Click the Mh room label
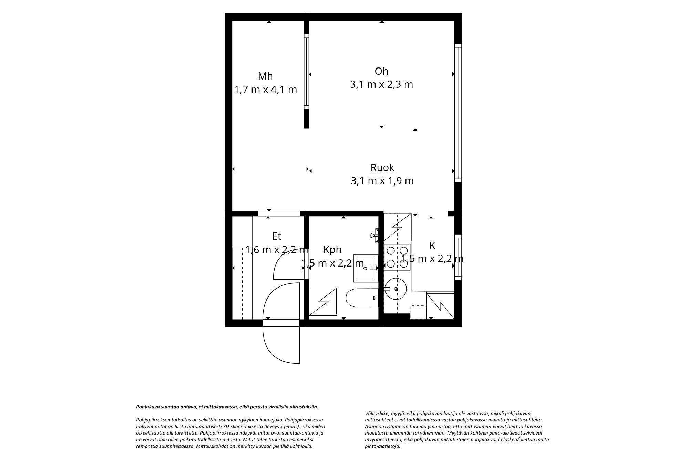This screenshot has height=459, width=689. coord(265,76)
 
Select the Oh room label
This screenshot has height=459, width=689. coord(381,71)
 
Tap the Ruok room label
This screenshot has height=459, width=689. coord(382,168)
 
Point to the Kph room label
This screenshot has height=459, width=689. coord(332,250)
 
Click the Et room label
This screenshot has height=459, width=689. coord(277,236)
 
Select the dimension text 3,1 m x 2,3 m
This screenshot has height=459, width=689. coord(381,84)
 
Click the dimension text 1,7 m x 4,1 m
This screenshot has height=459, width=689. coord(265,90)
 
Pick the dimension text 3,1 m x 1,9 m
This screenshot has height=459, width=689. coord(382,181)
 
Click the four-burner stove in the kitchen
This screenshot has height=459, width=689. coord(397,257)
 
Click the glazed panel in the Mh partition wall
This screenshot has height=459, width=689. coord(306,72)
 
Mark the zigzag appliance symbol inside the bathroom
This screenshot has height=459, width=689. coord(323,302)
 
